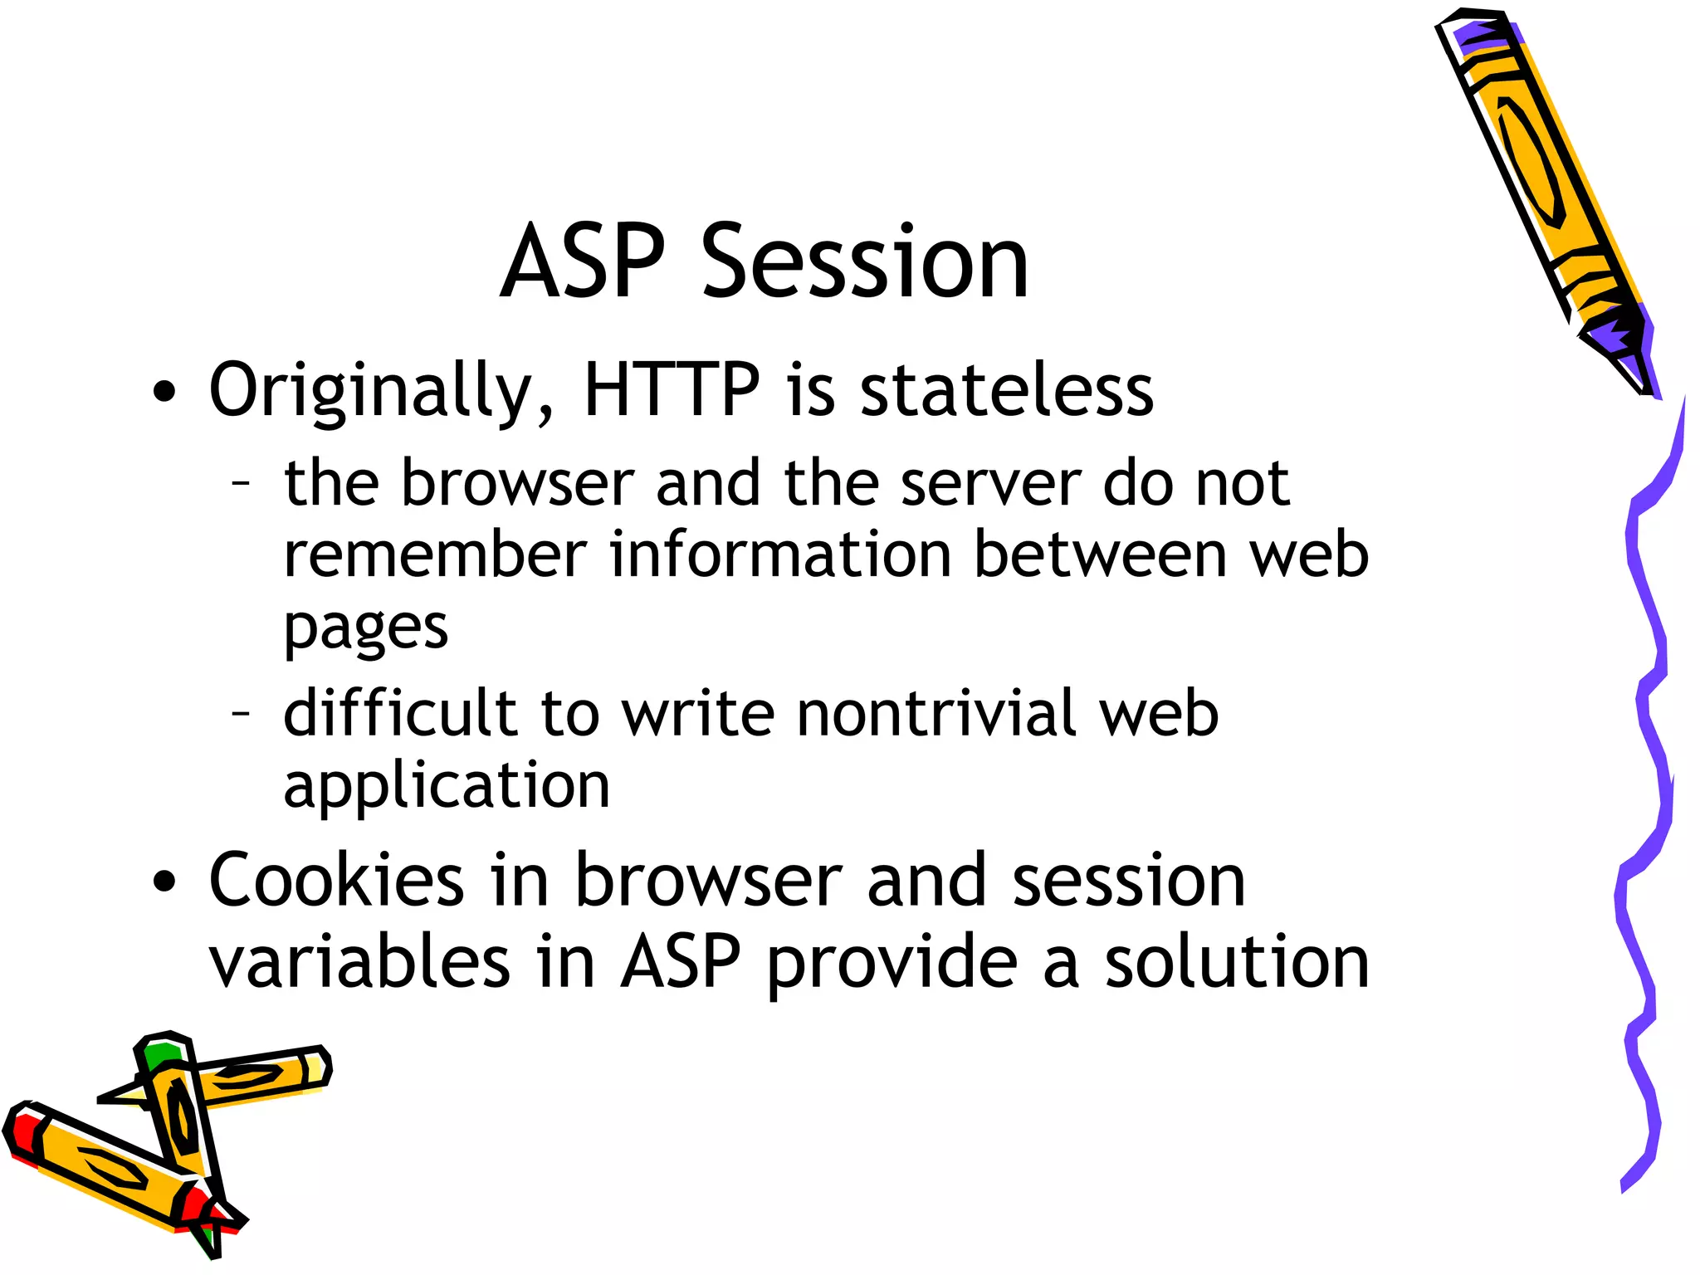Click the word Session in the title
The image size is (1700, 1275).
(x=865, y=263)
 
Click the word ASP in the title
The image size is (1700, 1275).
(x=583, y=263)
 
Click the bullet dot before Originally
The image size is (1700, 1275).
(x=165, y=392)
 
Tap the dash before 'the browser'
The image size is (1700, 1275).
(x=241, y=482)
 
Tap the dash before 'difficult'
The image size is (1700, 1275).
(x=241, y=712)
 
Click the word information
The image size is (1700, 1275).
(x=780, y=554)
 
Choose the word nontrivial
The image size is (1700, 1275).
(x=936, y=713)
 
